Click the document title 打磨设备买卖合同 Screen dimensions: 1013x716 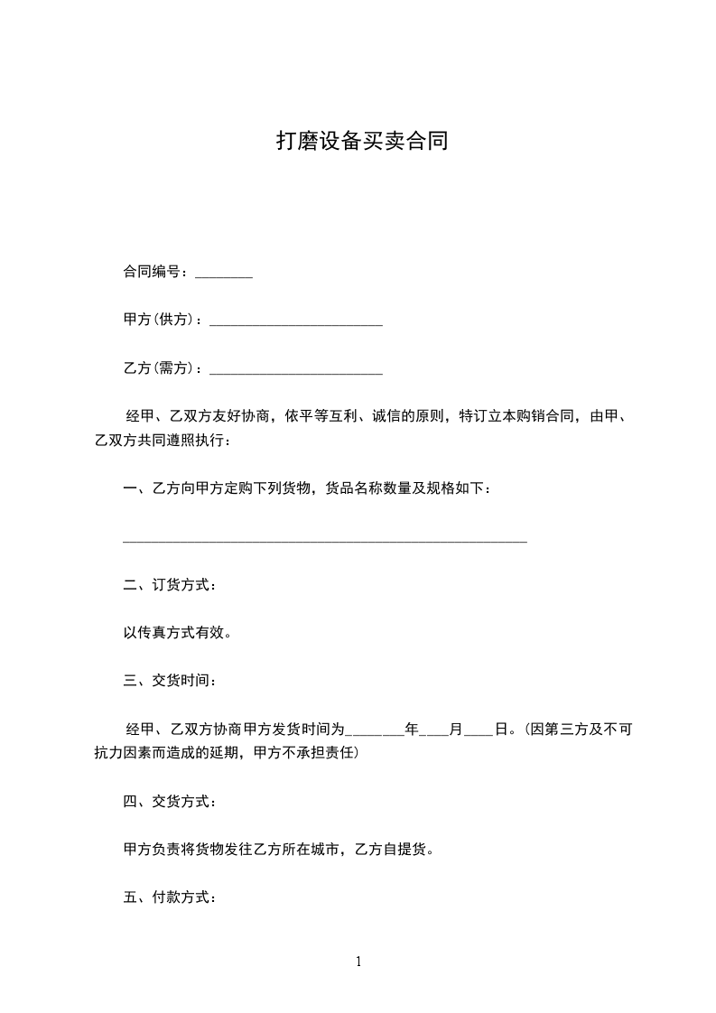pyautogui.click(x=361, y=142)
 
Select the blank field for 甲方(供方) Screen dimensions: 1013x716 pyautogui.click(x=295, y=321)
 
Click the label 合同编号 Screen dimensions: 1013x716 pyautogui.click(x=154, y=272)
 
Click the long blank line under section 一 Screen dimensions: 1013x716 pyautogui.click(x=324, y=539)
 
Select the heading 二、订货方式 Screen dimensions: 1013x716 pyautogui.click(x=169, y=585)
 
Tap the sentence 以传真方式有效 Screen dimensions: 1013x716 pyautogui.click(x=178, y=633)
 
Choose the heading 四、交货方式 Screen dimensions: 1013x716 pyautogui.click(x=169, y=801)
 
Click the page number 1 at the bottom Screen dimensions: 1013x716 pyautogui.click(x=358, y=962)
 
